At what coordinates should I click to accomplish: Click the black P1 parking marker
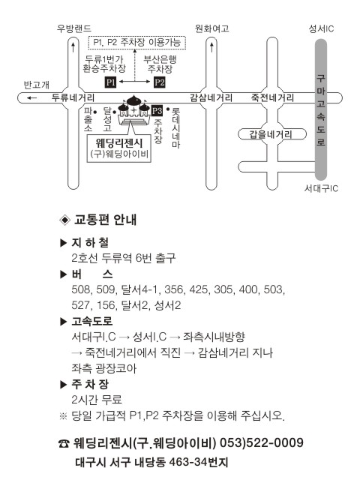(x=110, y=82)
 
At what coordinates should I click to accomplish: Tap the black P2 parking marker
(x=160, y=82)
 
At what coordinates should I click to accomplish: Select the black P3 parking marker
(x=157, y=111)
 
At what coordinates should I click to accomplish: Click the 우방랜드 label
(x=74, y=28)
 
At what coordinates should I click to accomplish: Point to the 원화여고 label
(x=212, y=28)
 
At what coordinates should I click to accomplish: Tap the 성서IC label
(x=321, y=28)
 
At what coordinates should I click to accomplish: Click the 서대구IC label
(x=322, y=188)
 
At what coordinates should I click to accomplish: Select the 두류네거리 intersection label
(x=73, y=98)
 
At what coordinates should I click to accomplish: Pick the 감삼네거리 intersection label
(x=211, y=98)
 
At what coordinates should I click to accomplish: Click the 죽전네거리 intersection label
(x=272, y=98)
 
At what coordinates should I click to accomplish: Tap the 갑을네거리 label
(x=271, y=134)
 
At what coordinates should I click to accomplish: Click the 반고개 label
(x=37, y=85)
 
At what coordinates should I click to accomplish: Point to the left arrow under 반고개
(x=31, y=98)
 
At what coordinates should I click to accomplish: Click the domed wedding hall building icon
(x=133, y=109)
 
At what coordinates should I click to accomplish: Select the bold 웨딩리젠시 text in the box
(x=119, y=143)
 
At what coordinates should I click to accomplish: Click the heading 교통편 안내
(x=105, y=220)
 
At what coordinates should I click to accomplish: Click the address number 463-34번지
(x=198, y=462)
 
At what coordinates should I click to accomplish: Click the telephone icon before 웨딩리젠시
(x=64, y=443)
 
